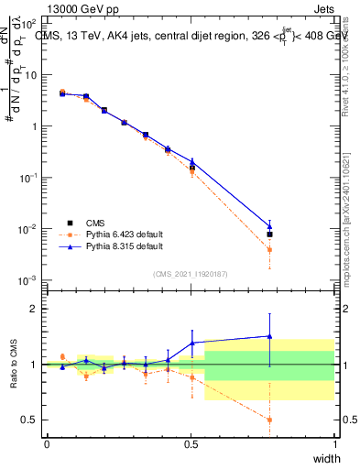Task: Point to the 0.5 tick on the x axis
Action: [x=191, y=444]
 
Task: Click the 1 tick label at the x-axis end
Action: [x=334, y=444]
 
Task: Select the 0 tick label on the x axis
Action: [x=47, y=444]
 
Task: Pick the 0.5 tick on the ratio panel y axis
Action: [x=31, y=420]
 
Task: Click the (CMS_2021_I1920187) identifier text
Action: [x=191, y=274]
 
